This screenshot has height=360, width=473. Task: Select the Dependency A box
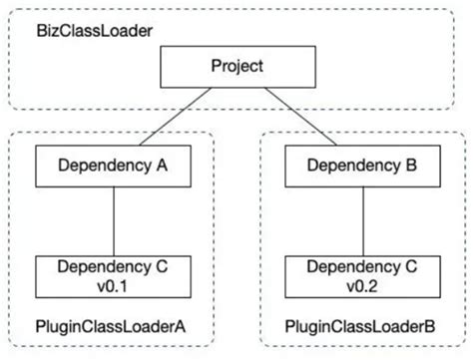[x=112, y=167]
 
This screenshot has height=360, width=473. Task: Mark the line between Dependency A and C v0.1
[x=112, y=219]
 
